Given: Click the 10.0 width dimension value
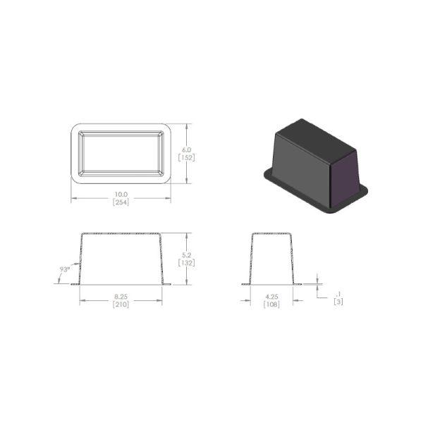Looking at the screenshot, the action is coord(121,195).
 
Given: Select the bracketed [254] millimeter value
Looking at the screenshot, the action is coord(121,202).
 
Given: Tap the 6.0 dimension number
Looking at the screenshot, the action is coord(186,149).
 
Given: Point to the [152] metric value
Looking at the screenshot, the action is coord(186,157).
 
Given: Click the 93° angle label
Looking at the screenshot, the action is coord(65,269).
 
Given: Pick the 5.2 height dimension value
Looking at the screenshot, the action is coord(186,255).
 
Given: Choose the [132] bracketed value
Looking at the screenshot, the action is coord(186,263).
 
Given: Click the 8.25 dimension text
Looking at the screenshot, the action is coord(121,297).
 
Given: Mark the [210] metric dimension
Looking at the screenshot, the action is coord(121,305).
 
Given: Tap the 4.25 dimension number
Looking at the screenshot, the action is coord(271,297).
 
